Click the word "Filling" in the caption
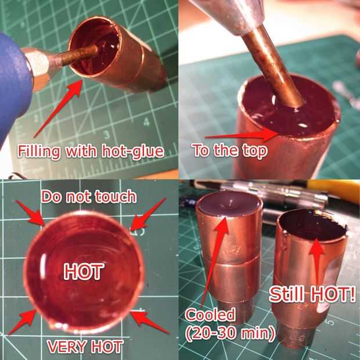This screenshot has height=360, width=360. pos(39,152)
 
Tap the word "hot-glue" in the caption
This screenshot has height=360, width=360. pos(133,152)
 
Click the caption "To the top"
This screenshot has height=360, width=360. pos(230,150)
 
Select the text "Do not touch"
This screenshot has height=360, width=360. pos(89,196)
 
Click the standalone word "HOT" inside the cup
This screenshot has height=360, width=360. pos(84,272)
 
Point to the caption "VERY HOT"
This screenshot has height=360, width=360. pos(85,346)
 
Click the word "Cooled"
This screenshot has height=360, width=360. pos(210,315)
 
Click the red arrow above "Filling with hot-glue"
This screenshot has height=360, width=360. pos(59,109)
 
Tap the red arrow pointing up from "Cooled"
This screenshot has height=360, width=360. pos(215,262)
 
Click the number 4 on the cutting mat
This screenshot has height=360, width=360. pos(146,122)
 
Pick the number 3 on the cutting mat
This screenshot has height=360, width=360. pos(106,135)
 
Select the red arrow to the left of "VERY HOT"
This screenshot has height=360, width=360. pos(23,322)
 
